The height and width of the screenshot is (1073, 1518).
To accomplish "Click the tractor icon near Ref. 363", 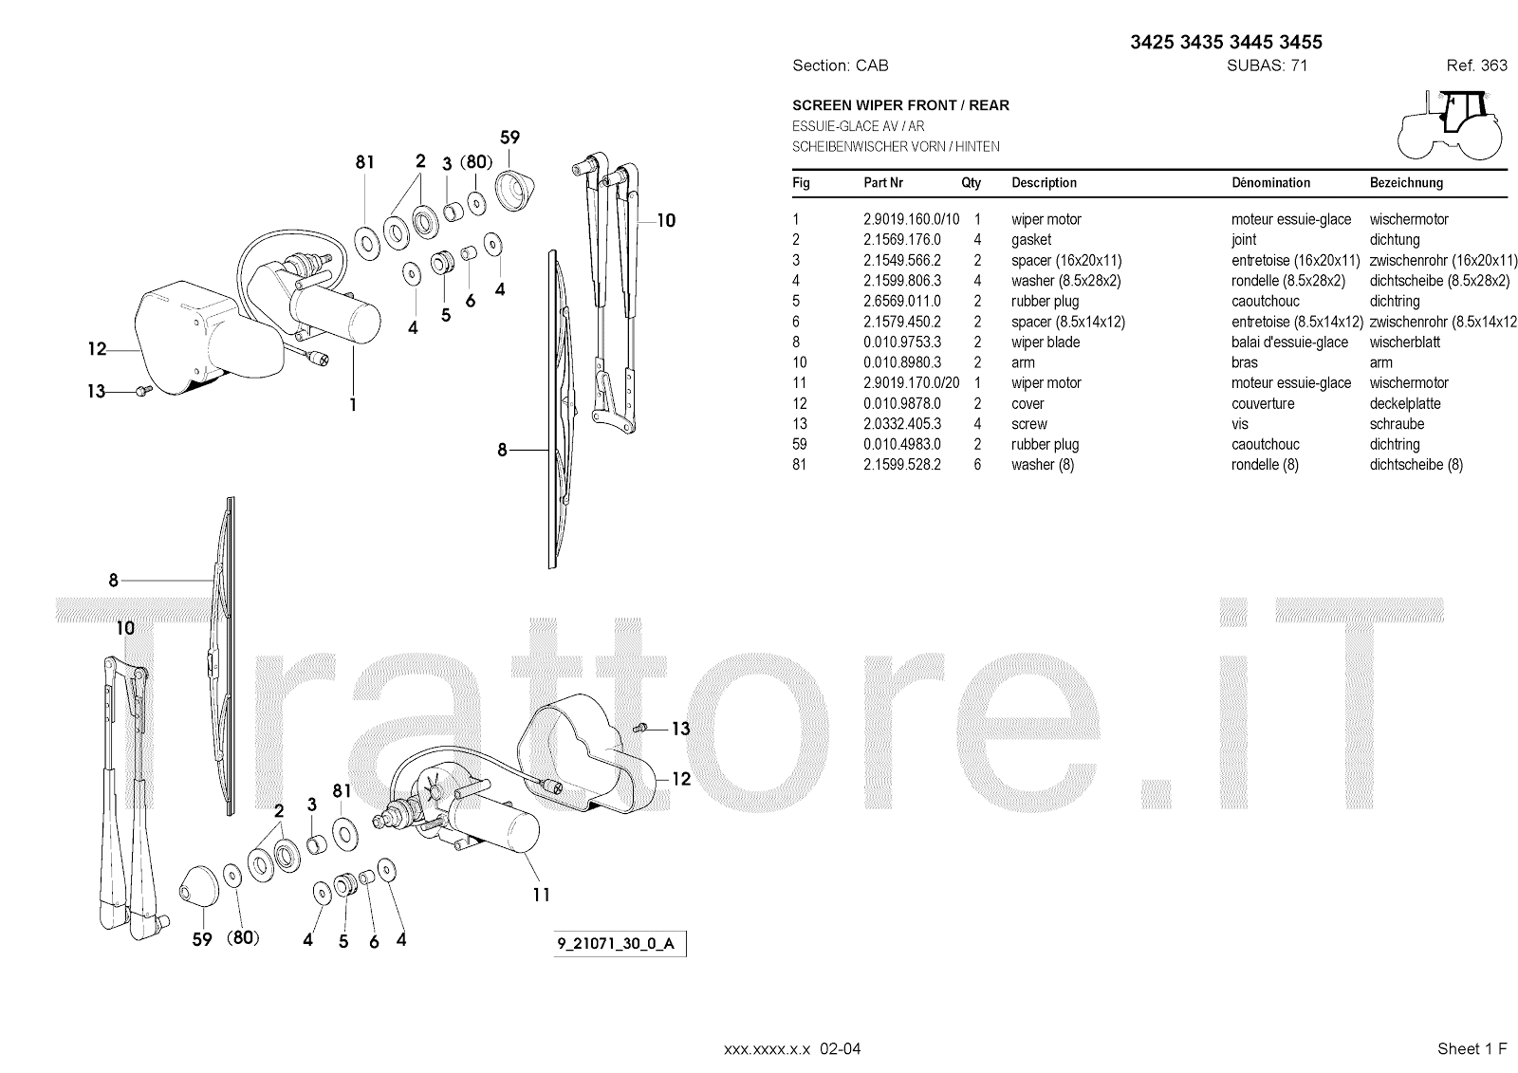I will point(1450,124).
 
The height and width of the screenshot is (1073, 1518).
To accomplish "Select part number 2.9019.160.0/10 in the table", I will point(911,219).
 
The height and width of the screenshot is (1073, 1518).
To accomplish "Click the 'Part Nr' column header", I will point(882,183).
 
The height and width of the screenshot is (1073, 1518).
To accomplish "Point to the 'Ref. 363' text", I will point(1476,65).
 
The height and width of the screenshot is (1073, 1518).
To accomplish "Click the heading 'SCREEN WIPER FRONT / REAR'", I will point(900,105).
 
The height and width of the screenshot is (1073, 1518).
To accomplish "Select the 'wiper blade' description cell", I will point(1046,342).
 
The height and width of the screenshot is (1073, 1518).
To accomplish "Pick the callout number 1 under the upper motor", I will point(353,404).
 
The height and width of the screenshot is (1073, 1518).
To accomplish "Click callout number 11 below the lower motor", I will point(541,894).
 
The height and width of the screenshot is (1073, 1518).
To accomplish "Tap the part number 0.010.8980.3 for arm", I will point(901,362).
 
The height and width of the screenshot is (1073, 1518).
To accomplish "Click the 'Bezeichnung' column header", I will point(1406,183).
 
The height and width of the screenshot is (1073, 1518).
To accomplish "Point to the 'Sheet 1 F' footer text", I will point(1472,1048).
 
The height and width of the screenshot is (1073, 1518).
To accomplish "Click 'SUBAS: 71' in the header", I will point(1267,65).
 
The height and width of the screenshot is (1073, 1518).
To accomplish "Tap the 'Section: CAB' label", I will point(840,65).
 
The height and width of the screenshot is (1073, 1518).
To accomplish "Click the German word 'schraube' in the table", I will point(1397,424).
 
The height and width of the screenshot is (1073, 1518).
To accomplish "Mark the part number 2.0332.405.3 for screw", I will point(901,424).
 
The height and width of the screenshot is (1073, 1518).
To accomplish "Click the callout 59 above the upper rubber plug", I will point(509,138).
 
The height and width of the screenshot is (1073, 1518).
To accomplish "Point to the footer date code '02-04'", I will point(842,1048).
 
